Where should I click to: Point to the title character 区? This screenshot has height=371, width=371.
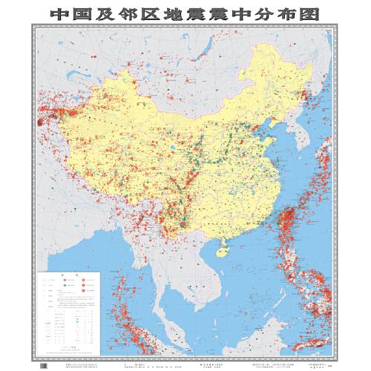(169, 13)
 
